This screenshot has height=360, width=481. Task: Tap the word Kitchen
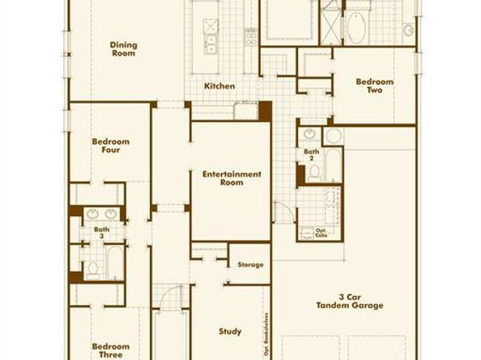[219, 86]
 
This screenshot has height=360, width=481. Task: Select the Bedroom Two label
[375, 86]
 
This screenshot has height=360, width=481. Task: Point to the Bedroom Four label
[110, 146]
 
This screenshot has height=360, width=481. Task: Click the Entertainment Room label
[232, 178]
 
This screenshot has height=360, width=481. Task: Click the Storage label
[250, 265]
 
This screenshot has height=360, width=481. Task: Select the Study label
[230, 331]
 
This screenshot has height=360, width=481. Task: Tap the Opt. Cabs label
[322, 234]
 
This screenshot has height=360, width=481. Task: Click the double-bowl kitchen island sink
[212, 42]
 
